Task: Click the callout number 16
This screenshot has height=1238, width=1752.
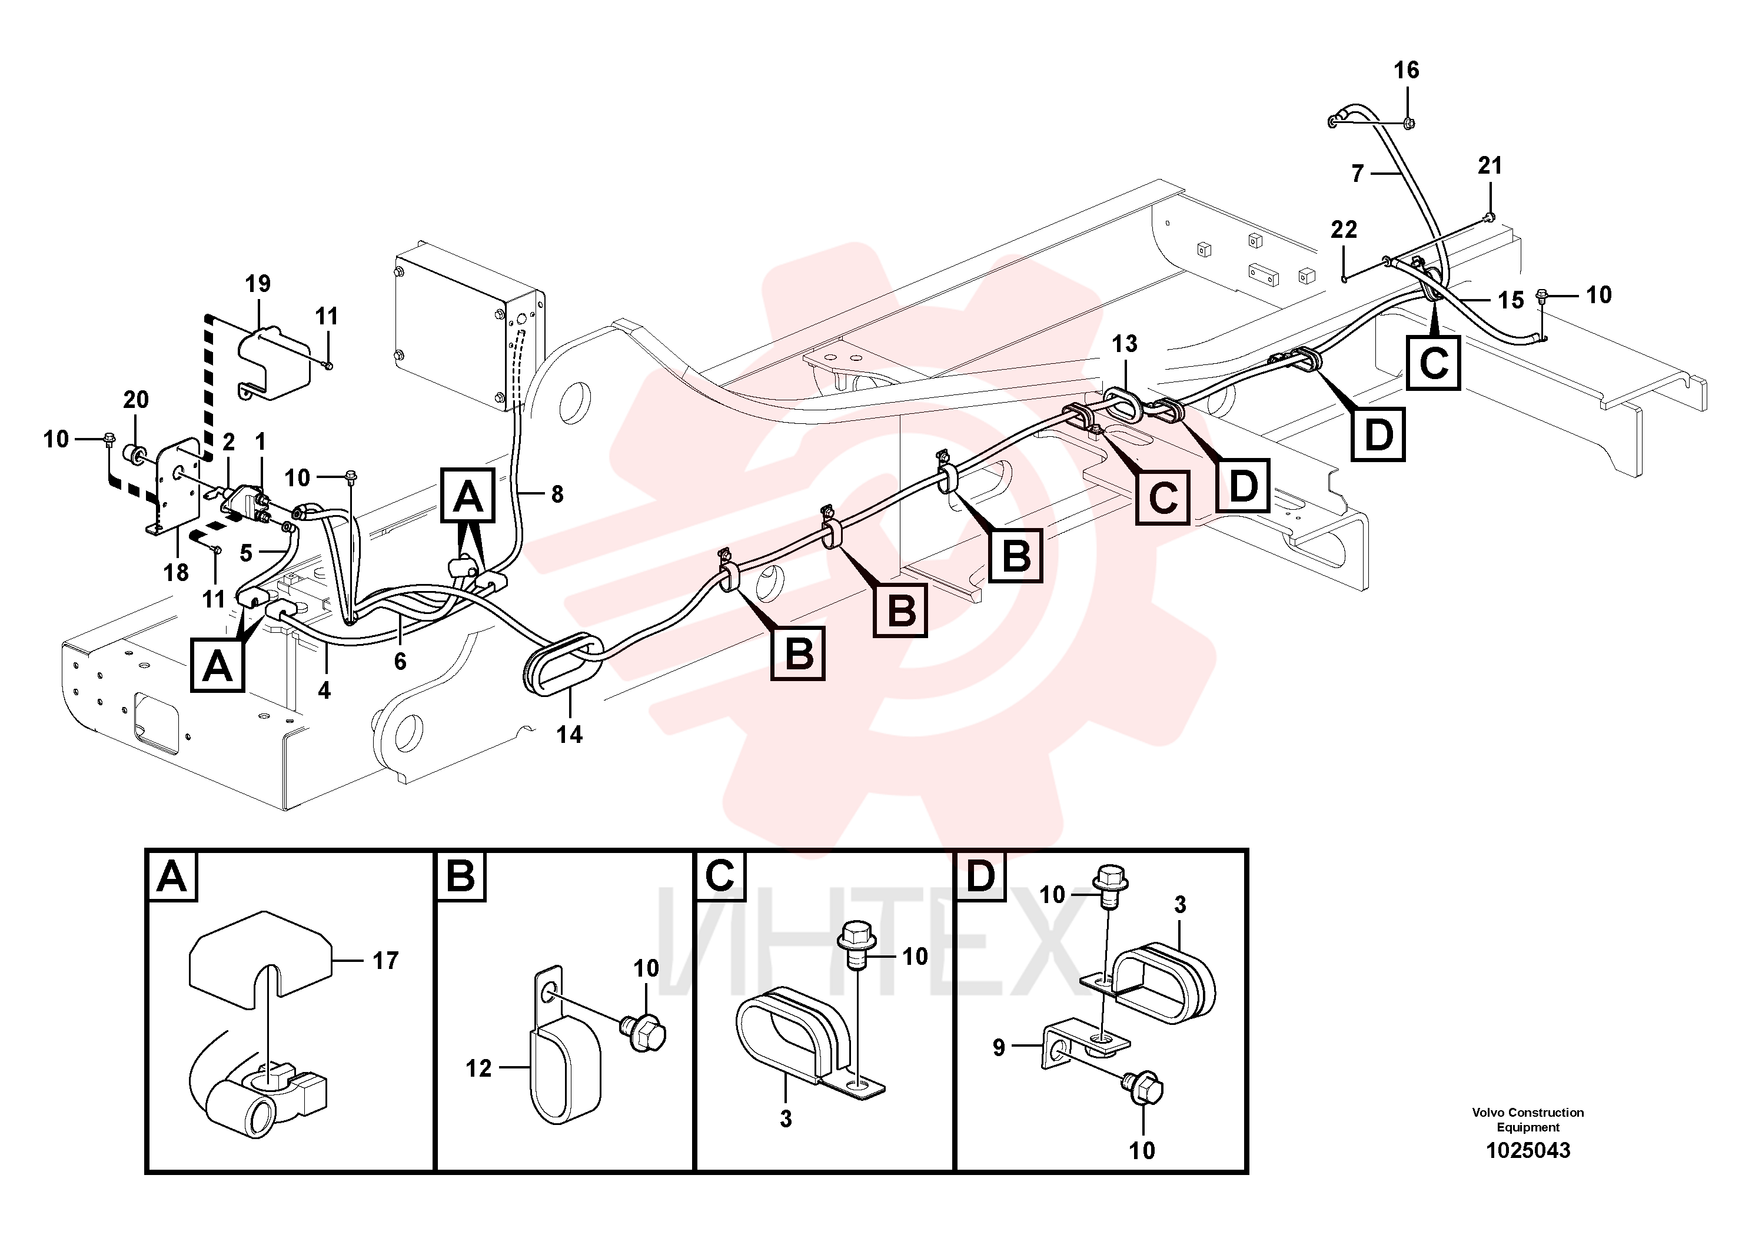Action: click(x=1407, y=70)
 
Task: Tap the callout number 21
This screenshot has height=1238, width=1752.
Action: click(x=1490, y=165)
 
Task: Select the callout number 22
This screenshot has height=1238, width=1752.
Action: click(x=1344, y=229)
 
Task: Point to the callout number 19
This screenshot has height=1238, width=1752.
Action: click(x=258, y=284)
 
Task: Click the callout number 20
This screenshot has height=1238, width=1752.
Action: click(x=136, y=399)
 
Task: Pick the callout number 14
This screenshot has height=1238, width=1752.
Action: click(x=569, y=734)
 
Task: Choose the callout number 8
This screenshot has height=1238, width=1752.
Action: click(x=557, y=494)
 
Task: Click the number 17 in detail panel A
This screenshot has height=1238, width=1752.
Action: click(x=385, y=960)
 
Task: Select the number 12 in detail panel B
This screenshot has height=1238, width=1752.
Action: click(x=478, y=1068)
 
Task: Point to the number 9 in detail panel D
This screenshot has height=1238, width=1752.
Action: click(x=999, y=1047)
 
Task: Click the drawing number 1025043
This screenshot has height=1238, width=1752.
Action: click(x=1528, y=1150)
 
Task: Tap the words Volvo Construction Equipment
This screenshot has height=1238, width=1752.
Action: click(x=1528, y=1120)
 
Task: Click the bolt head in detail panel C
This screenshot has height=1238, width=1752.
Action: click(x=857, y=938)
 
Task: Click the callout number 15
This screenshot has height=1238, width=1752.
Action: click(x=1510, y=300)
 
